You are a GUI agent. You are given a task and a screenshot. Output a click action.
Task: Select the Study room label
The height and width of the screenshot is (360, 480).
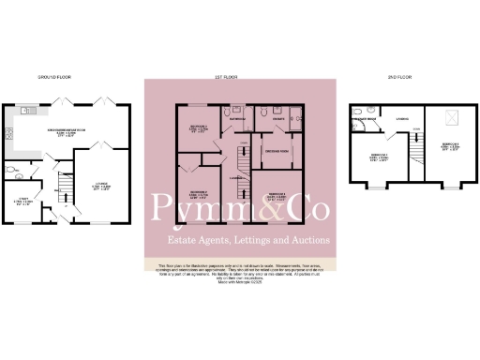[x=26, y=200]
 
